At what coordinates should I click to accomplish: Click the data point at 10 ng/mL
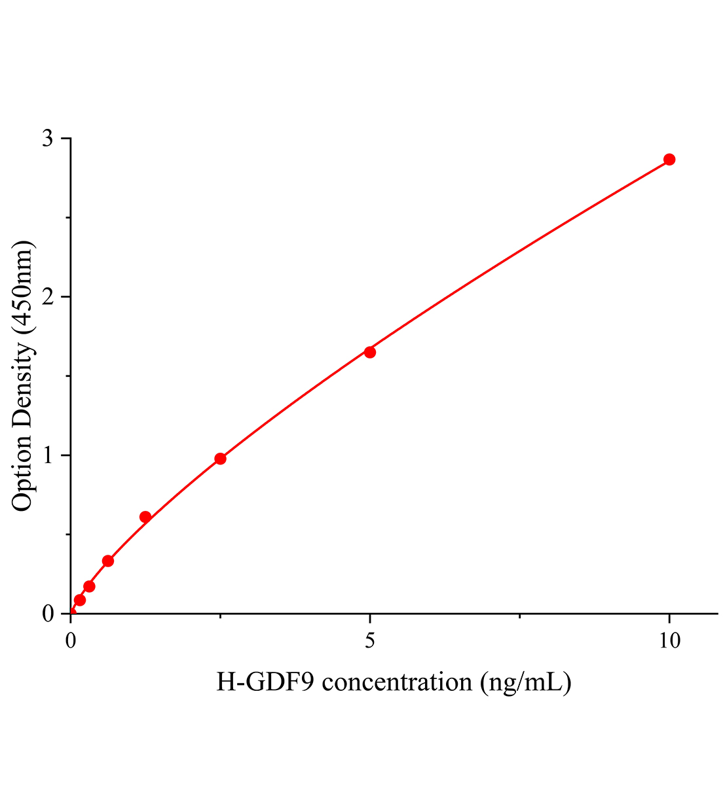pyautogui.click(x=669, y=160)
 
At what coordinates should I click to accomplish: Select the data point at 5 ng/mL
pyautogui.click(x=370, y=352)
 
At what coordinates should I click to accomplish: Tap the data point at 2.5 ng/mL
pyautogui.click(x=221, y=459)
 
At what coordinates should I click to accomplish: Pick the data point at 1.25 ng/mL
pyautogui.click(x=145, y=517)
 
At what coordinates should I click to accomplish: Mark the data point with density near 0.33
pyautogui.click(x=108, y=561)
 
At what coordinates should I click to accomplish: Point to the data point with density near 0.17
pyautogui.click(x=89, y=586)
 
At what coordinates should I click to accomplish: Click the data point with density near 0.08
pyautogui.click(x=80, y=600)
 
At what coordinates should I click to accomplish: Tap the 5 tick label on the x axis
pyautogui.click(x=370, y=640)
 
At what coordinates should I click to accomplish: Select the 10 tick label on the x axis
pyautogui.click(x=669, y=640)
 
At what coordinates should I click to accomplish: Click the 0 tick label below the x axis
pyautogui.click(x=71, y=640)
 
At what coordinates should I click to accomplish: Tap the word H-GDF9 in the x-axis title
pyautogui.click(x=267, y=682)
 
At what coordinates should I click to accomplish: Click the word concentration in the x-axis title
pyautogui.click(x=397, y=682)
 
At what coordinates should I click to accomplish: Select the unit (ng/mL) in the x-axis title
pyautogui.click(x=526, y=682)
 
